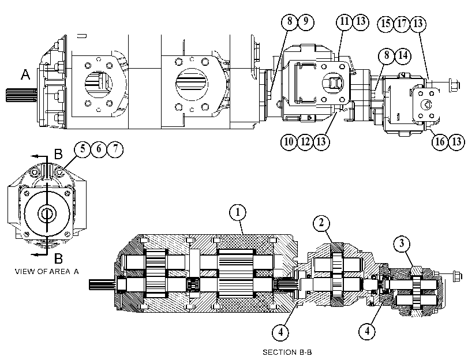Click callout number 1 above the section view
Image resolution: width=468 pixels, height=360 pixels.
click(238, 212)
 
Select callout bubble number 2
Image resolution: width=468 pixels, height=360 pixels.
click(321, 223)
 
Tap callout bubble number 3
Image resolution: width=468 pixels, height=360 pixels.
click(402, 243)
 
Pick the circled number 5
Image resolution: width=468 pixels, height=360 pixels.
click(83, 149)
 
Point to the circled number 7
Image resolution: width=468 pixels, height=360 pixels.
click(115, 149)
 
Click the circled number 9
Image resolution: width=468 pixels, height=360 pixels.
click(306, 22)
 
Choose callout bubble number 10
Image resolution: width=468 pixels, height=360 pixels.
click(289, 141)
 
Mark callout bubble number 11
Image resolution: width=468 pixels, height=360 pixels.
click(345, 22)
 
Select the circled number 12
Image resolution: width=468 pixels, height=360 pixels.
click(305, 141)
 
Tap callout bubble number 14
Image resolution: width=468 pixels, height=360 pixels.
click(403, 55)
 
